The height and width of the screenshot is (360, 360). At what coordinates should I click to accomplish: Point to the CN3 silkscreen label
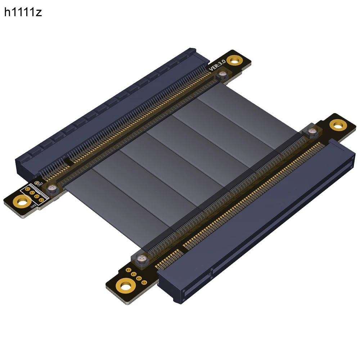40,184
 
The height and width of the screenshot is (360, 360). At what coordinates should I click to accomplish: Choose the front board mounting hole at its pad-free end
337,125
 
